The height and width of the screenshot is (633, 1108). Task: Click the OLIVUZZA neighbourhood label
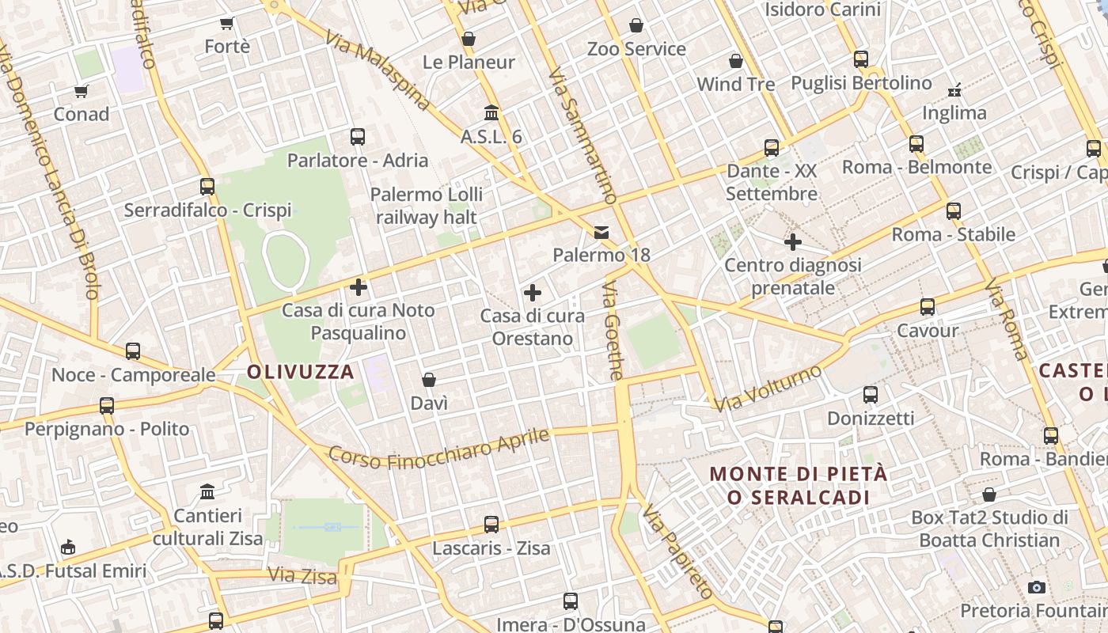coord(301,372)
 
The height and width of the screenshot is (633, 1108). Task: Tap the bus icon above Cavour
coord(927,306)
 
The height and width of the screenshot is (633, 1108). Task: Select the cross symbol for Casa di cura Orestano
coord(533,294)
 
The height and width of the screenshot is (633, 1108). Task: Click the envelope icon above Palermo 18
coord(601,232)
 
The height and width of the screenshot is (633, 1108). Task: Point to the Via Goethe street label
coord(613,330)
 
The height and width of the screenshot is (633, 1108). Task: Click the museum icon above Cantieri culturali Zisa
coord(207,491)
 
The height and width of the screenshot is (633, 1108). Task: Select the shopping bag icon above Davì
coord(429,380)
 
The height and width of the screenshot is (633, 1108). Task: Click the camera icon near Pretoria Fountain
coord(1036,587)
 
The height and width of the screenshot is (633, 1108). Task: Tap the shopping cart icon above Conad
coord(82,91)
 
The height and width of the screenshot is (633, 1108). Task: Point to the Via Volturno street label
coord(768,388)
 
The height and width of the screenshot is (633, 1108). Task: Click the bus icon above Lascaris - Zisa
coord(491,524)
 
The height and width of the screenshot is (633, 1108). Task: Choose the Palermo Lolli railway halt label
coord(427,206)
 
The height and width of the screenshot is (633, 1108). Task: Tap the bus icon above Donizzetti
coord(871,394)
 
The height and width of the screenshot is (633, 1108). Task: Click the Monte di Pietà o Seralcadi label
coord(798,486)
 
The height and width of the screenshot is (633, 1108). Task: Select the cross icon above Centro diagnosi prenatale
coord(792,242)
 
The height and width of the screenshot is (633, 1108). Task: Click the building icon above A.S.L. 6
coord(491,113)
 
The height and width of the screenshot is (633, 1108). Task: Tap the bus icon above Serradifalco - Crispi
coord(207,187)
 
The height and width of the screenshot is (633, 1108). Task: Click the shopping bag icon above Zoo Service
coord(636,25)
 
